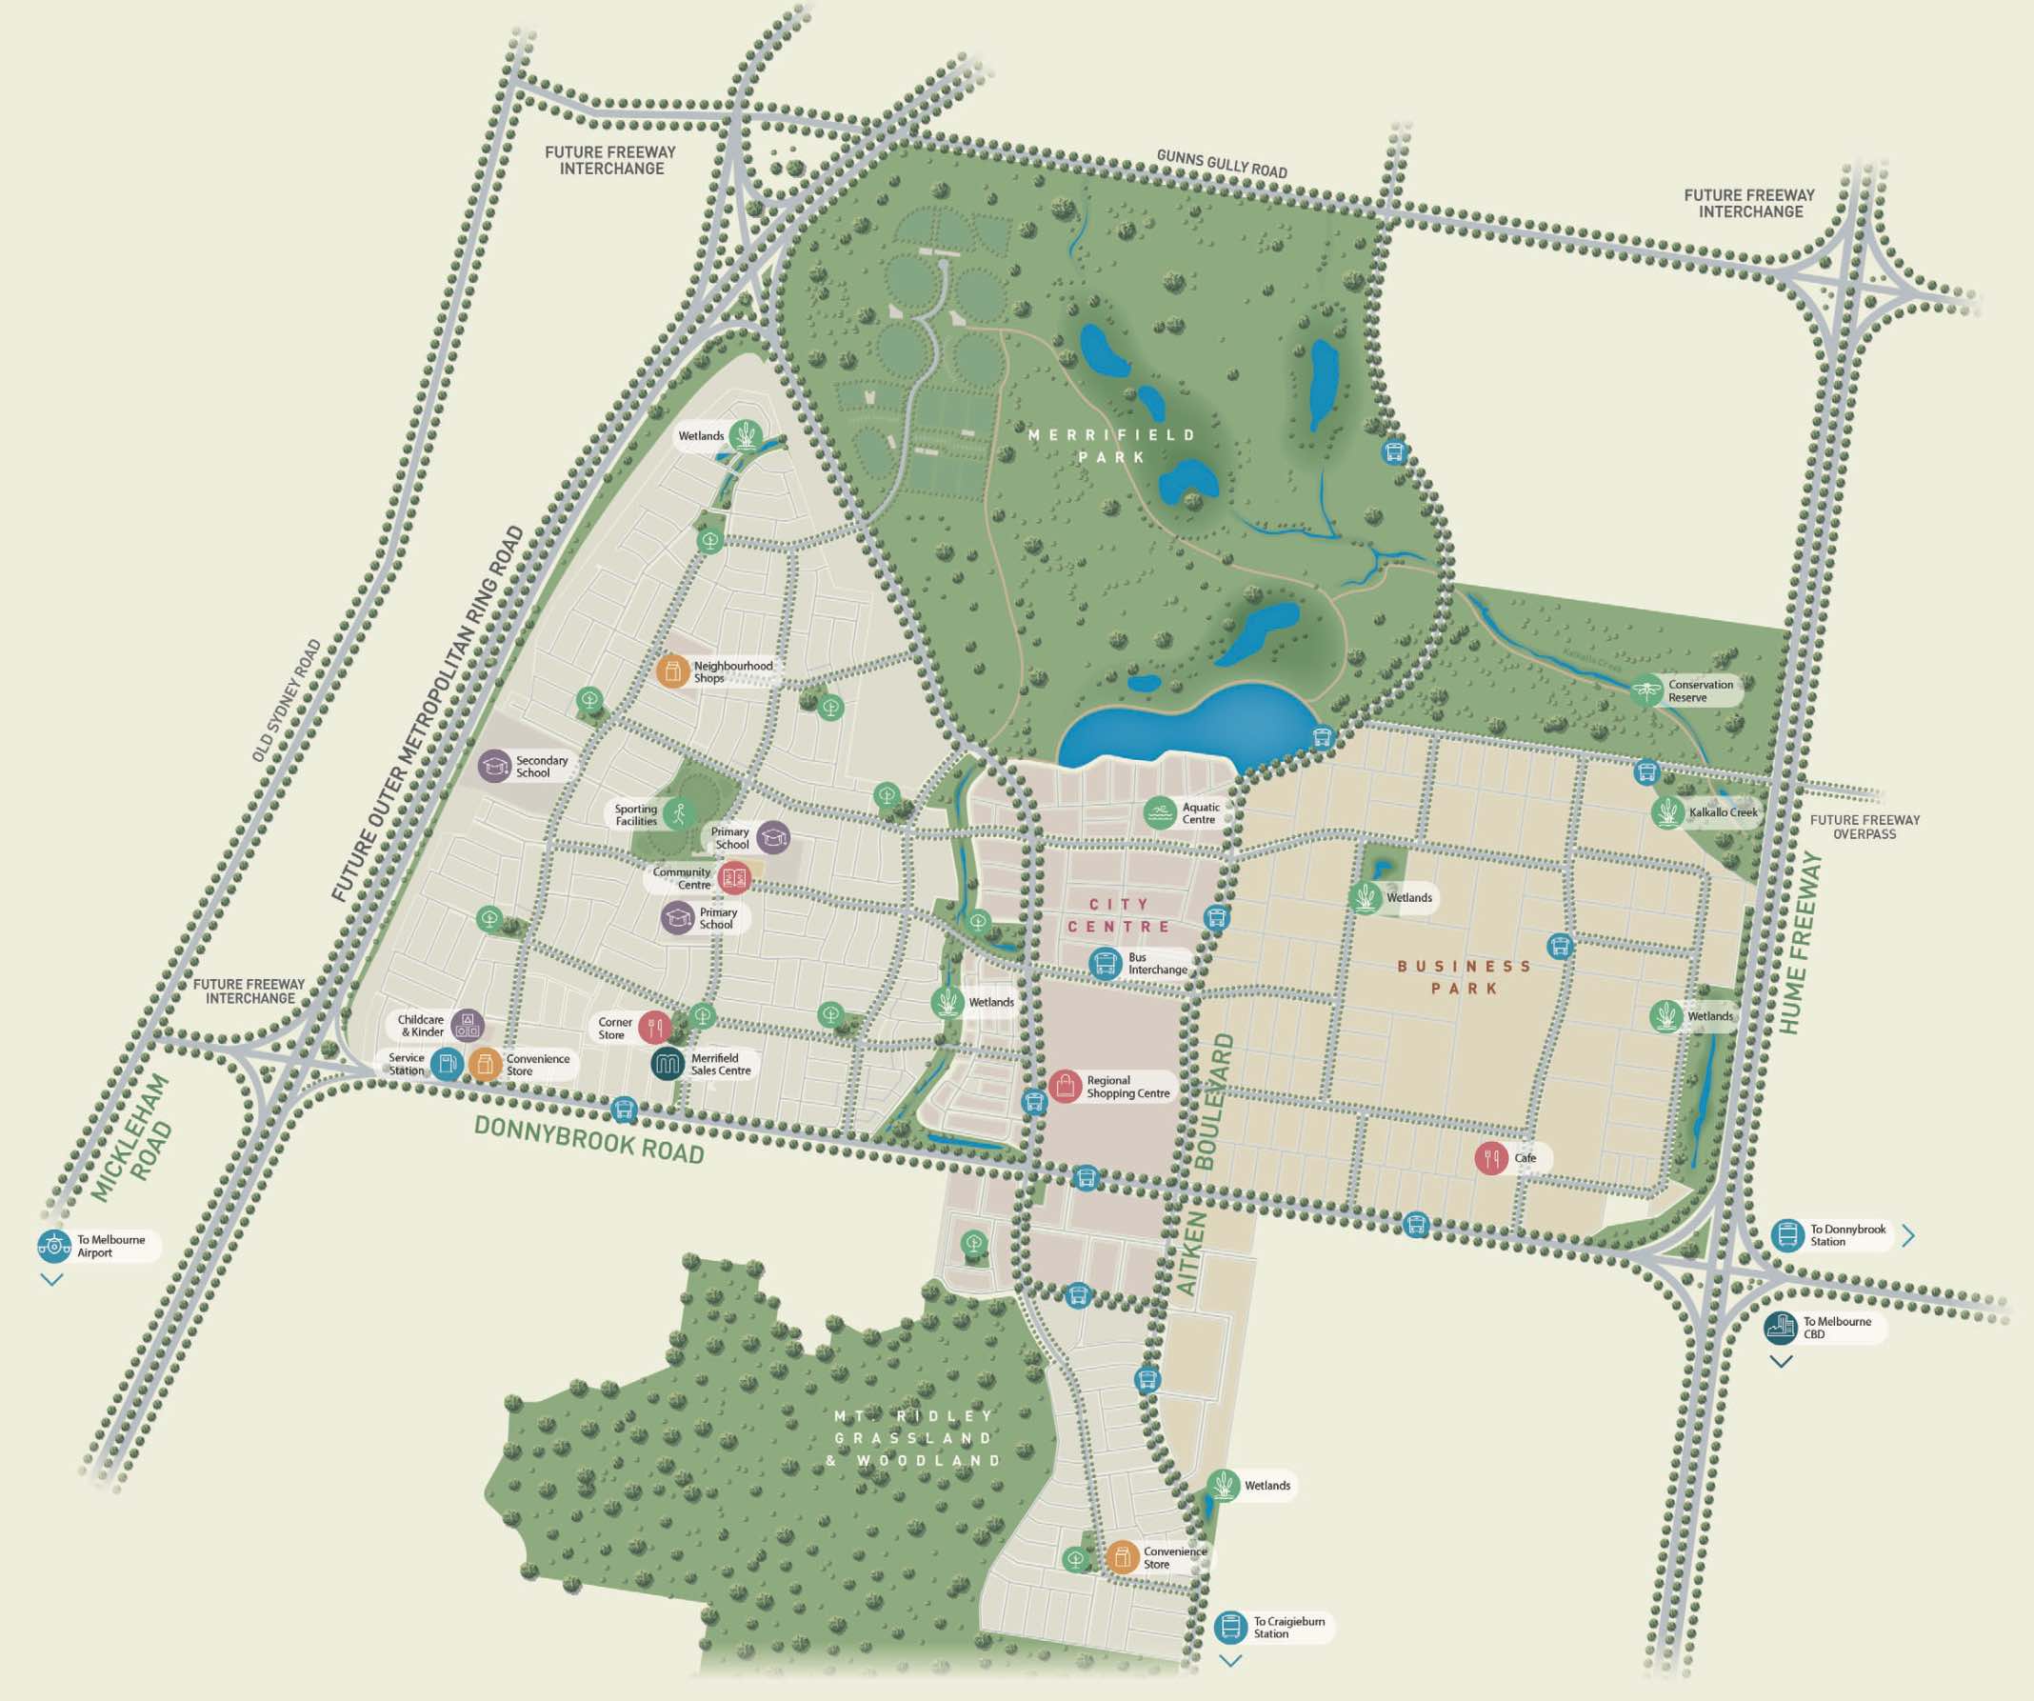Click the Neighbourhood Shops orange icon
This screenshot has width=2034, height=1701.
tap(672, 670)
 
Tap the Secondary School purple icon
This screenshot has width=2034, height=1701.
tap(495, 765)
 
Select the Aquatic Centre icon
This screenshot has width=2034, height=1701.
tap(1160, 812)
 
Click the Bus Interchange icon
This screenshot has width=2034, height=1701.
tap(1106, 963)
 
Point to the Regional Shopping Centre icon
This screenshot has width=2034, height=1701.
tap(1065, 1086)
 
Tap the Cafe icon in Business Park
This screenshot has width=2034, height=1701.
tap(1491, 1157)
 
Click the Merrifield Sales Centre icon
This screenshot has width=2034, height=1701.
tap(668, 1064)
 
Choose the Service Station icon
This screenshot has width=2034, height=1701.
tap(447, 1064)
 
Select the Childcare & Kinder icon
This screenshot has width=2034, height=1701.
tap(467, 1025)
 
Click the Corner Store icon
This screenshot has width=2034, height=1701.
tap(655, 1027)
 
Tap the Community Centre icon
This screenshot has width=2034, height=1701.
tap(735, 877)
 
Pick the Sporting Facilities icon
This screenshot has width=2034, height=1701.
tap(679, 813)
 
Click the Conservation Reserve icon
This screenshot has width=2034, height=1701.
tap(1646, 690)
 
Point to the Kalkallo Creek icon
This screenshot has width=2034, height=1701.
tap(1668, 811)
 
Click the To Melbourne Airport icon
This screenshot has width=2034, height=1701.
tap(54, 1246)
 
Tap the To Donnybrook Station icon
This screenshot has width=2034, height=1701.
tap(1787, 1235)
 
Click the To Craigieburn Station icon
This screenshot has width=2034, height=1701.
tap(1230, 1627)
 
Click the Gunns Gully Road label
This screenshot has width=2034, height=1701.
tap(1222, 164)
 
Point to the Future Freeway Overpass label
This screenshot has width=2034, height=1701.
tap(1864, 827)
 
